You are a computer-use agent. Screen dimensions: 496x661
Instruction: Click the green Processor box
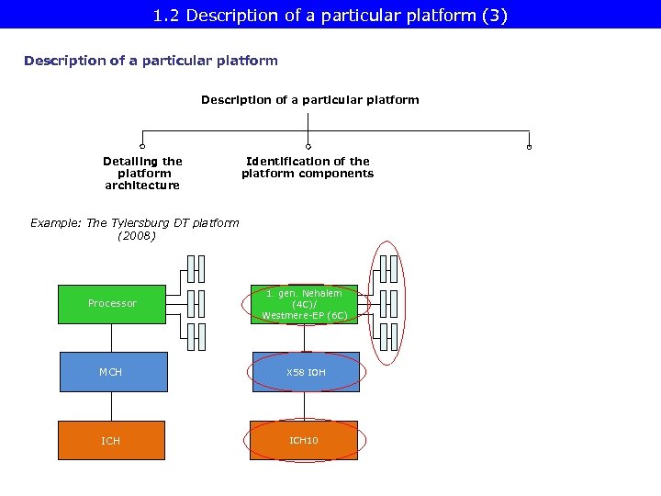coord(112,304)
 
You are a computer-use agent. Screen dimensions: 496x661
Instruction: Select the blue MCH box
coord(112,372)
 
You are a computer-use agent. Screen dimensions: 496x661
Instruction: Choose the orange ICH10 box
coord(305,441)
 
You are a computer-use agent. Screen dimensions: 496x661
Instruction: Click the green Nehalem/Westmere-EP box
coord(305,304)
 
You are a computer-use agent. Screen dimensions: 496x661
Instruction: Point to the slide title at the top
coord(330,15)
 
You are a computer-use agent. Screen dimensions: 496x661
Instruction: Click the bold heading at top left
coord(151,61)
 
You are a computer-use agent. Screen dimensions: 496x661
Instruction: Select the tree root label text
coord(310,99)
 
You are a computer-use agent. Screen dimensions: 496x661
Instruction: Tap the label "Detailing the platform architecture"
coord(142,173)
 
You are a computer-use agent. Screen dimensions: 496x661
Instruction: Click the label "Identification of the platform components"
coord(308,167)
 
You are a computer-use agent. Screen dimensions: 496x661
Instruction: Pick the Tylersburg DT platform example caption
coord(135,229)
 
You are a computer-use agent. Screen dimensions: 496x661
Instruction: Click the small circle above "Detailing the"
coord(142,146)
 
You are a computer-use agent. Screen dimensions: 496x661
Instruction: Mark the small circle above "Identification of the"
coord(308,146)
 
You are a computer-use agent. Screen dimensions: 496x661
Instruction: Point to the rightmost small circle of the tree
coord(530,146)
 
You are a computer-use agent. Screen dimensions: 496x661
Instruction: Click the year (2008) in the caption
coord(137,236)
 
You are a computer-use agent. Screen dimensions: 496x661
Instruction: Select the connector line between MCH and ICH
coord(112,406)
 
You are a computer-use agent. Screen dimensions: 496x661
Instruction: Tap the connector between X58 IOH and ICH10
coord(305,406)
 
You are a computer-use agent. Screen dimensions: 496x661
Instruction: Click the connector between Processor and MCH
coord(112,338)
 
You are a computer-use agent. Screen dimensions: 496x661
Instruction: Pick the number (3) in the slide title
coord(497,15)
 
